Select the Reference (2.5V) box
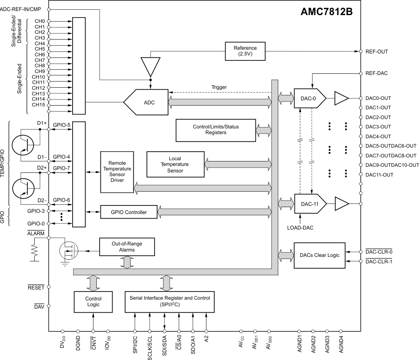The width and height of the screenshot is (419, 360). pos(245,51)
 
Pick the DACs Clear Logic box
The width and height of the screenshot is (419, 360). pos(319,255)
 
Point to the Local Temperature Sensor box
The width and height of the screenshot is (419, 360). pos(175,164)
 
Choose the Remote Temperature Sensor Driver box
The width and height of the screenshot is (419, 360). pos(117,172)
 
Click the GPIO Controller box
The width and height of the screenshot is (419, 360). pos(129,212)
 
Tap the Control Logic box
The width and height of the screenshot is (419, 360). pos(93,301)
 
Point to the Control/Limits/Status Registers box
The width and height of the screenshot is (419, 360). pos(216,130)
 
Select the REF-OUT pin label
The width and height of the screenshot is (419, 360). pos(377,52)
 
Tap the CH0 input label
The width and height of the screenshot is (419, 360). pos(40,21)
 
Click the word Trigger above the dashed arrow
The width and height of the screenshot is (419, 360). pos(219,87)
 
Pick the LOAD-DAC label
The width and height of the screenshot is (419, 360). pos(300,227)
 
